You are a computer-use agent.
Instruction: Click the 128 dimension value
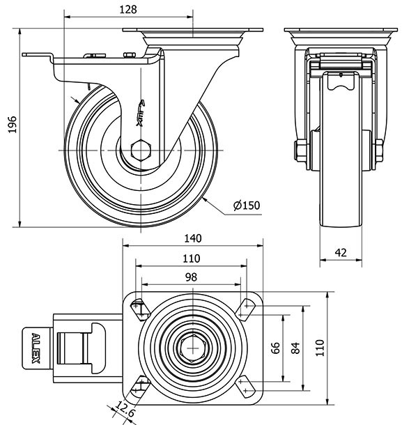coord(127,9)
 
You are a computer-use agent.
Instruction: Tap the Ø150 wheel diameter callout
coord(247,206)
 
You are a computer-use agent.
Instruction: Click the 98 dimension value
coord(190,277)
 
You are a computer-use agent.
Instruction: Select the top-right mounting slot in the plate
coord(245,307)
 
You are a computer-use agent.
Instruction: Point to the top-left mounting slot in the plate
coord(139,307)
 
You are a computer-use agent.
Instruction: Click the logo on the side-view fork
coord(140,111)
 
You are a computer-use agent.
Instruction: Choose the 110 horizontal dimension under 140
coord(190,258)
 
